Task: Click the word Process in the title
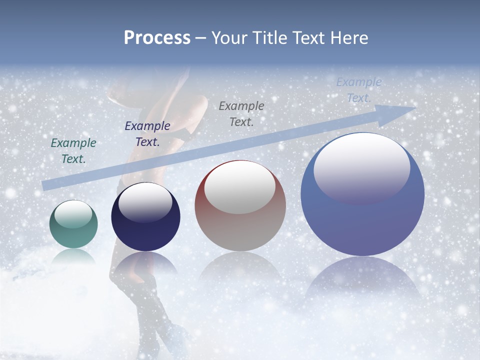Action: [157, 38]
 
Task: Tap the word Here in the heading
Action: [349, 38]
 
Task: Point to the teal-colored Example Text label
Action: [73, 151]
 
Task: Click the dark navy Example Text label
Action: [147, 134]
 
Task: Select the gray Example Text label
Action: [241, 113]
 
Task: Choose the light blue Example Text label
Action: [359, 90]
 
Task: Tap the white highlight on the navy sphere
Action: [145, 202]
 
